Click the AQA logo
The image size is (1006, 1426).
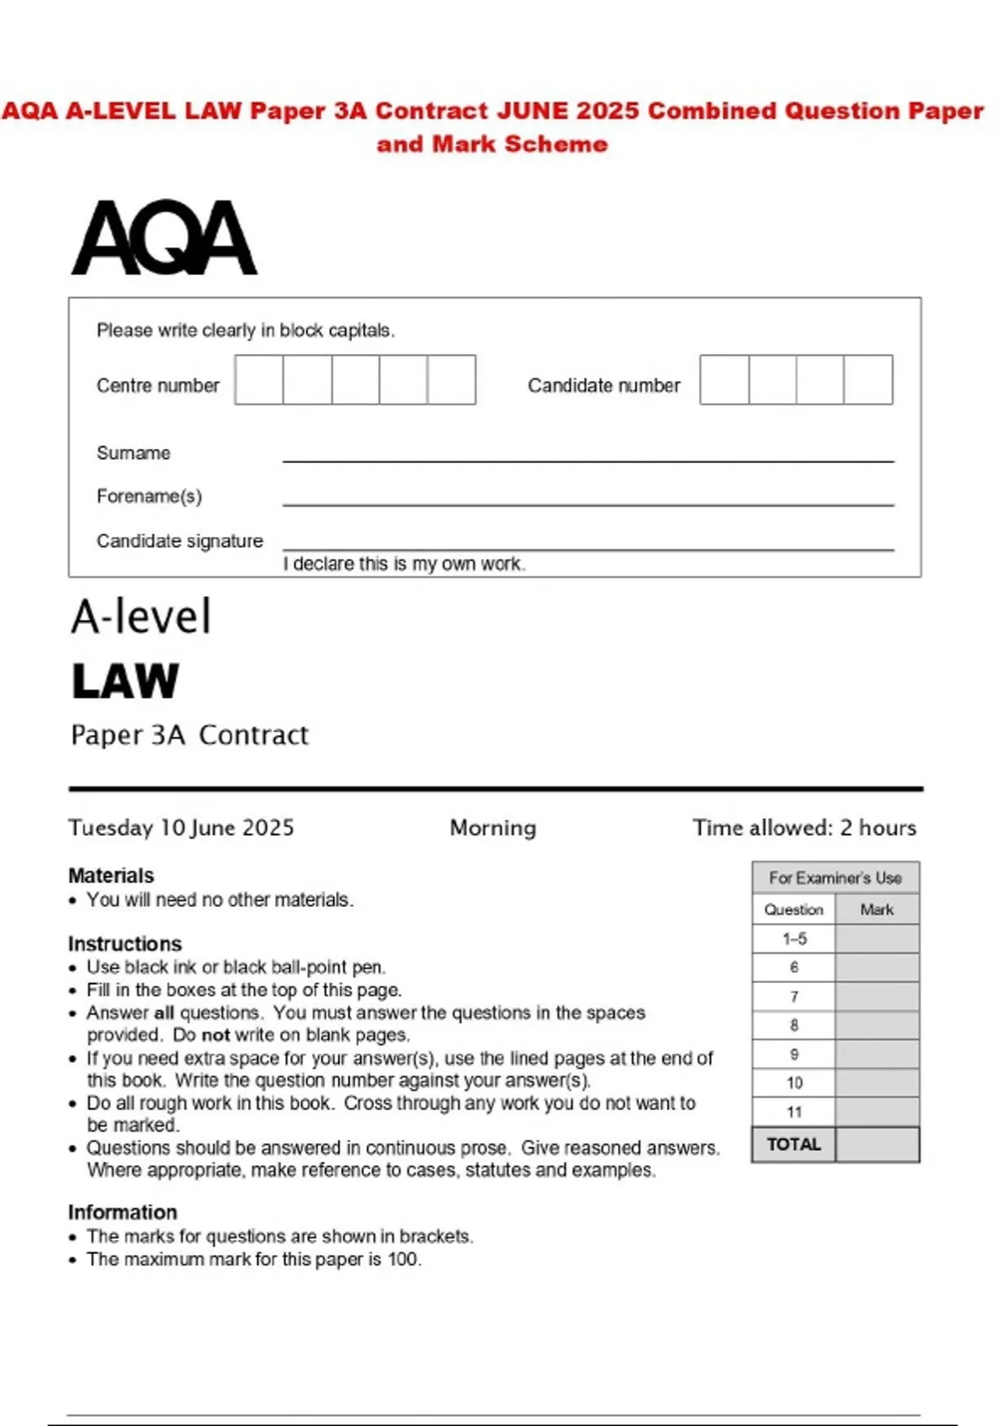point(164,237)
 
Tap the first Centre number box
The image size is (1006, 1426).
point(259,380)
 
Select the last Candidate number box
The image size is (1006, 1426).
point(868,380)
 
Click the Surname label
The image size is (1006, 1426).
point(133,453)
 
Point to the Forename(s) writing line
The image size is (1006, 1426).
point(588,504)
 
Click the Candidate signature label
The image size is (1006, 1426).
point(179,541)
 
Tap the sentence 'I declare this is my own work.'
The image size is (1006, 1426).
point(404,564)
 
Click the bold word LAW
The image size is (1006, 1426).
point(126,680)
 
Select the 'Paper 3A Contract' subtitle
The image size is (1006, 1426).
point(189,735)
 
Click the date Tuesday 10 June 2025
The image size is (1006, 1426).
point(181,828)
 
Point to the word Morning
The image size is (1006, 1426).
point(493,828)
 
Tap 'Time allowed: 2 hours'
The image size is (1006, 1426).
point(804,828)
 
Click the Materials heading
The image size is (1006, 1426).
point(111,876)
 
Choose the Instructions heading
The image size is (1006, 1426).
point(124,944)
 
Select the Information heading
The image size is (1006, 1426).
point(122,1212)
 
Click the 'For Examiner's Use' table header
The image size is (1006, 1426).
point(835,878)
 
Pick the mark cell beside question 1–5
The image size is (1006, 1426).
point(877,939)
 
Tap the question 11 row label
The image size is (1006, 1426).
point(794,1112)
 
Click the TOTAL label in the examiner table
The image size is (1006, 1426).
point(794,1144)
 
